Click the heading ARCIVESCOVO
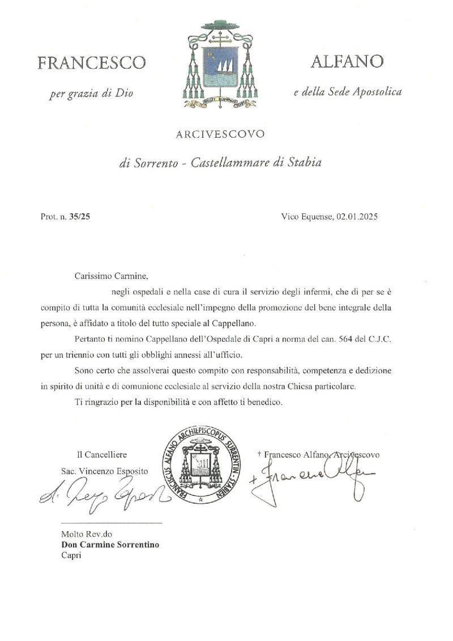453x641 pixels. [x=220, y=134]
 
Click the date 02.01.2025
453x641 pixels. [x=356, y=216]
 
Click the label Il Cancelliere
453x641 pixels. [x=102, y=455]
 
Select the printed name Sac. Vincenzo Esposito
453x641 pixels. [x=104, y=471]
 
